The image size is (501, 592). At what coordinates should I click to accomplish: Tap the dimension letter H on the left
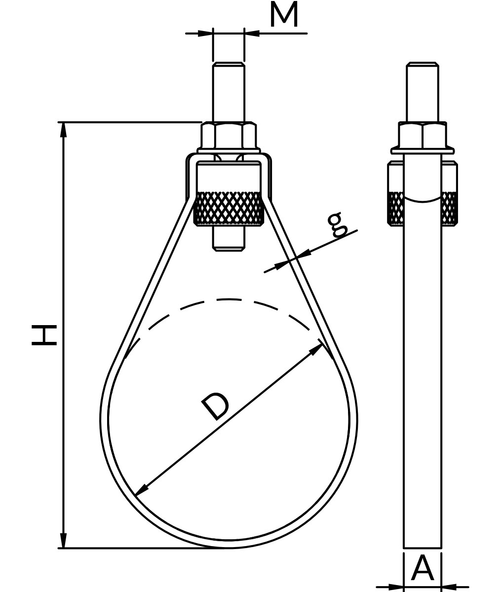[44, 335]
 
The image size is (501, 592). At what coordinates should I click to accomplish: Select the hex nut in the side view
[423, 136]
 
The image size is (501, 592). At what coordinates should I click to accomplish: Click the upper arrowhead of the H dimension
[63, 130]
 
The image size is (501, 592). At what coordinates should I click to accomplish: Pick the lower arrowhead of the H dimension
[63, 540]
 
